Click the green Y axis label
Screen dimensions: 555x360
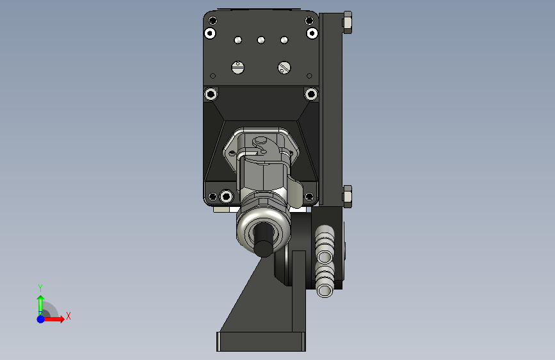pos(40,288)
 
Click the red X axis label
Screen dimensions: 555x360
pos(68,316)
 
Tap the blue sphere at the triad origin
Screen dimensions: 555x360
pos(41,319)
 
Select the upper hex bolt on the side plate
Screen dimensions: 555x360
pos(347,22)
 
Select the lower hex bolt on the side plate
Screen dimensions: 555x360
pos(347,196)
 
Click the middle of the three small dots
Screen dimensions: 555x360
pos(261,40)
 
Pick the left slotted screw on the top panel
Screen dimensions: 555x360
pos(238,67)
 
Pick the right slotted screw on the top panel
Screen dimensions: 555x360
pos(284,67)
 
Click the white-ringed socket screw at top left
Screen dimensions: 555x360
pos(210,33)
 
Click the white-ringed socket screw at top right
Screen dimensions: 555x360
pos(312,33)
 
